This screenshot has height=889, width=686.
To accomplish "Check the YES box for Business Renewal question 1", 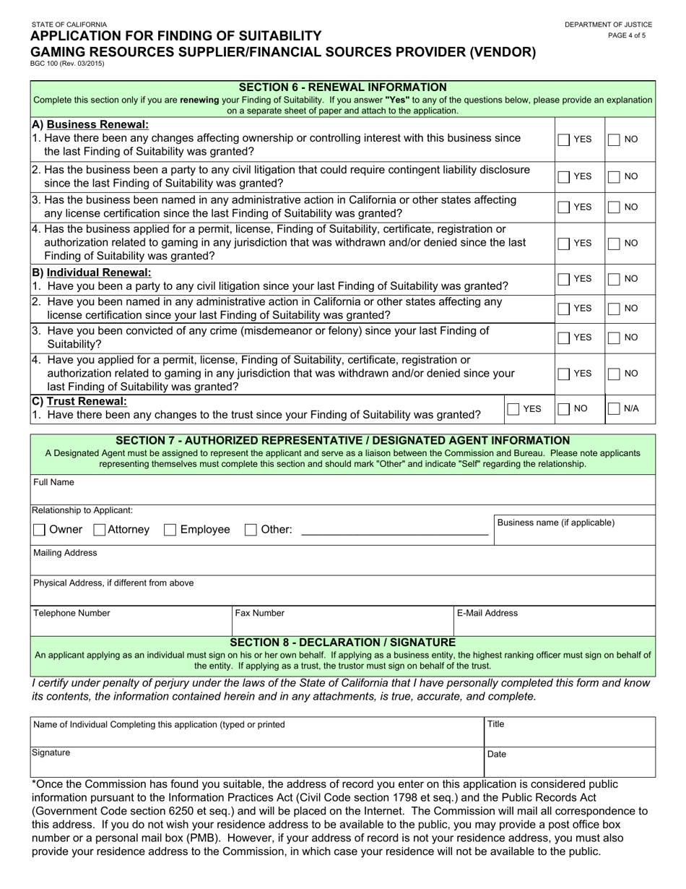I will click(x=564, y=139).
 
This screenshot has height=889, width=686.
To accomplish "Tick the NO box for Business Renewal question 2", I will click(x=614, y=176).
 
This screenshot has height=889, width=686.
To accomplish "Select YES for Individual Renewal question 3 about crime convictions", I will click(x=564, y=338).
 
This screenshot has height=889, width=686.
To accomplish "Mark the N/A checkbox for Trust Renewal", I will click(x=614, y=409).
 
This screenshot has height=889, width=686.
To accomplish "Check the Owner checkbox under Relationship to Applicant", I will click(x=40, y=530).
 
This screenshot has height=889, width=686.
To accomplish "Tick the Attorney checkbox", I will click(x=100, y=530).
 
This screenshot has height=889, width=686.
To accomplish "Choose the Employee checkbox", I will click(x=170, y=530).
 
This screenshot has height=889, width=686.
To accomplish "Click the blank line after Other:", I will click(x=394, y=531).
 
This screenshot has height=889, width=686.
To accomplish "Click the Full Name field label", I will click(x=53, y=482).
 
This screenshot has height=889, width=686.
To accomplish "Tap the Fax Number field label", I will click(x=259, y=614).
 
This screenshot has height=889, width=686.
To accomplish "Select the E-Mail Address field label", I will click(x=487, y=614).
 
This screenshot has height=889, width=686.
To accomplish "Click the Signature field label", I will click(x=51, y=752).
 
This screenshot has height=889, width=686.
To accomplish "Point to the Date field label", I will click(x=497, y=754).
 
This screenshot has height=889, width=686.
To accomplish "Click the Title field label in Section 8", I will click(x=496, y=723).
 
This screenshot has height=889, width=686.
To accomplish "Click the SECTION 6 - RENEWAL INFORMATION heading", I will click(x=342, y=87).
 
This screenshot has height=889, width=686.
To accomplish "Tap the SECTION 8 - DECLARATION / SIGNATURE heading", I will click(x=342, y=642).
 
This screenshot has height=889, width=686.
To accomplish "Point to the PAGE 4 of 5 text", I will click(x=627, y=35).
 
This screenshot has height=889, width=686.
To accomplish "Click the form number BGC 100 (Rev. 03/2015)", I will click(x=68, y=64).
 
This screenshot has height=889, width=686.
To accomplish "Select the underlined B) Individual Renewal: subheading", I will click(x=92, y=272).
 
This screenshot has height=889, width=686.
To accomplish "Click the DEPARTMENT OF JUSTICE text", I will click(x=609, y=25).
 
